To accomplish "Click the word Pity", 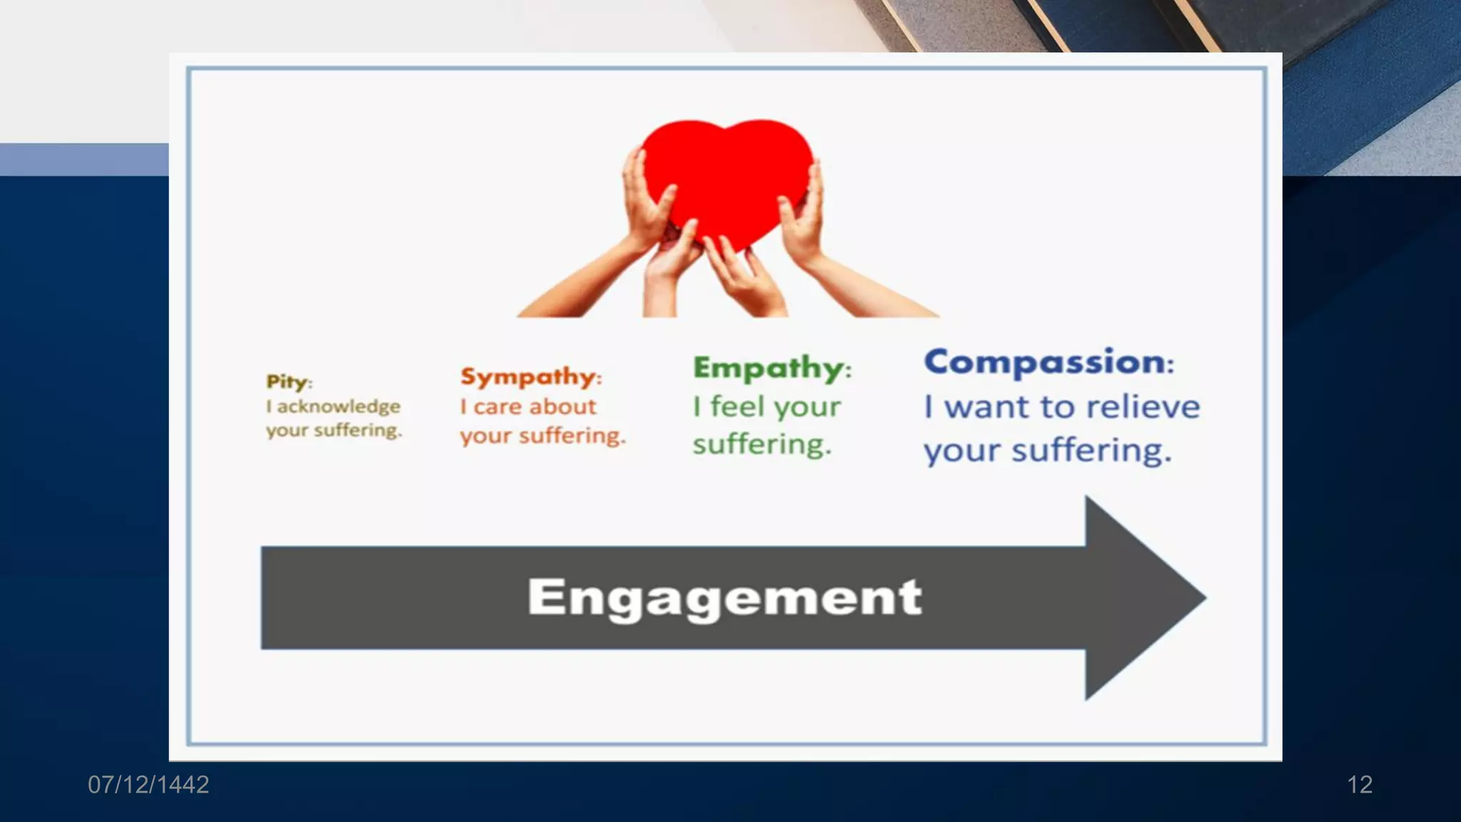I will (287, 382).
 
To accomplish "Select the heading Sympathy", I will (529, 376).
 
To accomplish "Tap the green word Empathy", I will (768, 368).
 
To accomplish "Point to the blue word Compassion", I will (1045, 362).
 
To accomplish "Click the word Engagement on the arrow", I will (724, 597).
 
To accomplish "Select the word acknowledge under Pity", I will (338, 407).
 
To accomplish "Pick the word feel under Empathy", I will (738, 407).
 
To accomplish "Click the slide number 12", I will (1359, 785).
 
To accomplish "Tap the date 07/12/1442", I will (148, 785).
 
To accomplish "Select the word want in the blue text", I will (987, 407).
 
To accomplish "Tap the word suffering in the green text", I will (761, 445).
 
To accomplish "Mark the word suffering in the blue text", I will (1091, 451).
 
